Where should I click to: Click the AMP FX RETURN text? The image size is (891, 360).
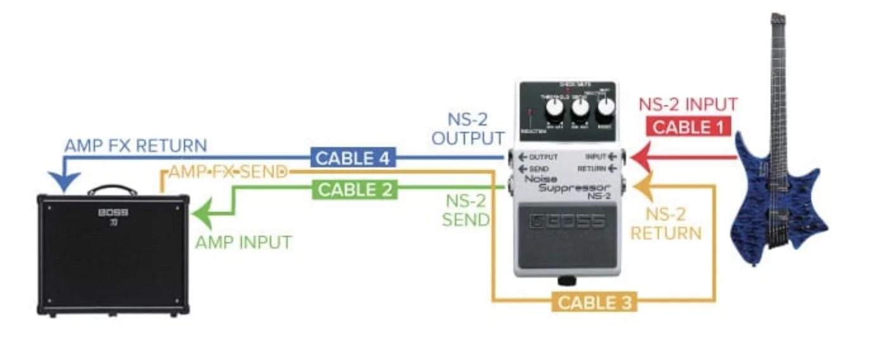135,145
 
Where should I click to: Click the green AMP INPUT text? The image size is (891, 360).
244,241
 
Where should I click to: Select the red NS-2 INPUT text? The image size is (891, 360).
688,105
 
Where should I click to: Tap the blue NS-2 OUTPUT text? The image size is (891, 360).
468,129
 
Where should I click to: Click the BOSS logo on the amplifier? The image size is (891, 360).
113,212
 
